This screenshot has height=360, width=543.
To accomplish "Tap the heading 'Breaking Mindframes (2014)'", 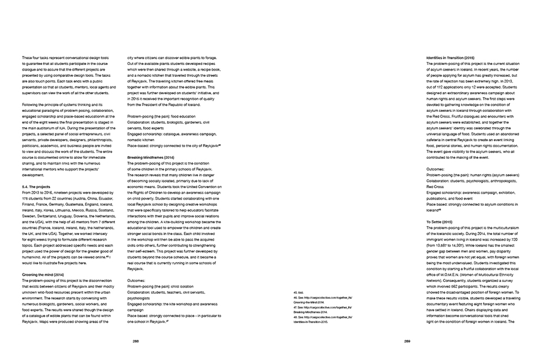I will [x=150, y=156].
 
